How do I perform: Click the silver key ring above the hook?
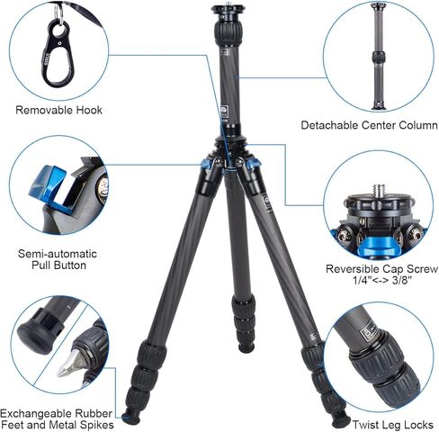tap(59, 14)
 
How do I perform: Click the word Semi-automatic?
tap(58, 254)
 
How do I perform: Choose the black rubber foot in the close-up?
tap(39, 331)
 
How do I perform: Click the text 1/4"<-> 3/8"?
tap(382, 281)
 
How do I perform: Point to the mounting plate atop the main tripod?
tap(228, 10)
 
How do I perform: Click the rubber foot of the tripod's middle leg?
tap(246, 347)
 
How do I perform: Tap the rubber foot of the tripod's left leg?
tap(132, 416)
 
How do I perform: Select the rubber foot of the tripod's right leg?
tap(340, 419)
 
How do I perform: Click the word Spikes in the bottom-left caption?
tap(96, 425)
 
